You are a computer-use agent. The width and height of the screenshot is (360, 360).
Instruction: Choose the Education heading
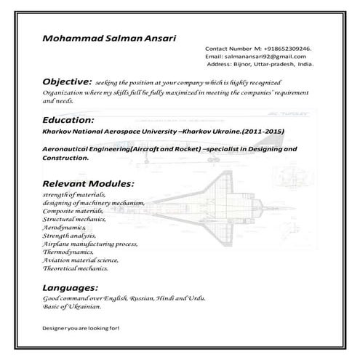point(68,119)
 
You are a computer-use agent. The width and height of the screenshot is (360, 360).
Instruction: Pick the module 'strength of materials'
point(74,196)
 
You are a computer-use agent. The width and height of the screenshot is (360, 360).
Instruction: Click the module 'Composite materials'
point(73,212)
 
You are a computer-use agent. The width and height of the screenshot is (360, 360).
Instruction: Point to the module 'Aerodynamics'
point(65,228)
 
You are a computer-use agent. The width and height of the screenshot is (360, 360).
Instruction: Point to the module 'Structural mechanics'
point(74,220)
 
